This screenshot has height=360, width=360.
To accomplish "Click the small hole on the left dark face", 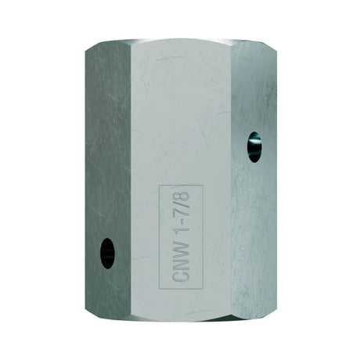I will click(105, 252).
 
